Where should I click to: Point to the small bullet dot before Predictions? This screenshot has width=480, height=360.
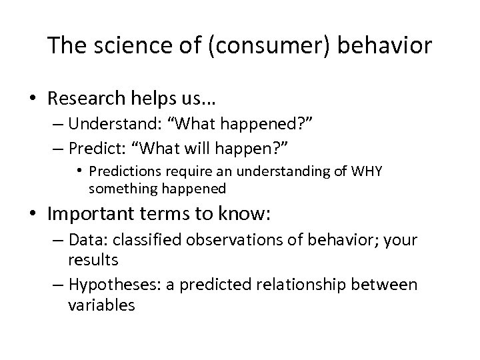79,171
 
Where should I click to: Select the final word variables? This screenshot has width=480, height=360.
101,305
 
